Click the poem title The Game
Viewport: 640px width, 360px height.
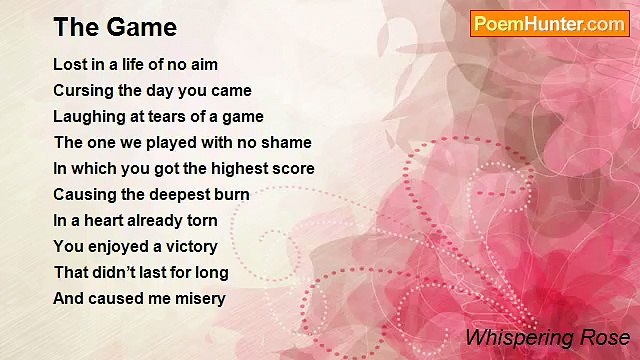click(x=115, y=27)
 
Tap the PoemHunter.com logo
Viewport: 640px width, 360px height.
click(x=549, y=24)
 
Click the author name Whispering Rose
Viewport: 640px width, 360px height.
click(x=547, y=337)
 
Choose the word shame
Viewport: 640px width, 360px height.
click(x=288, y=143)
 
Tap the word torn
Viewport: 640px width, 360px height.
click(x=200, y=221)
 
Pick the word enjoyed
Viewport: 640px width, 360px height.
click(x=115, y=246)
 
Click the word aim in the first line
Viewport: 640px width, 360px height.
click(x=203, y=65)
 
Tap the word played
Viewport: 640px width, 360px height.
click(x=158, y=143)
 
